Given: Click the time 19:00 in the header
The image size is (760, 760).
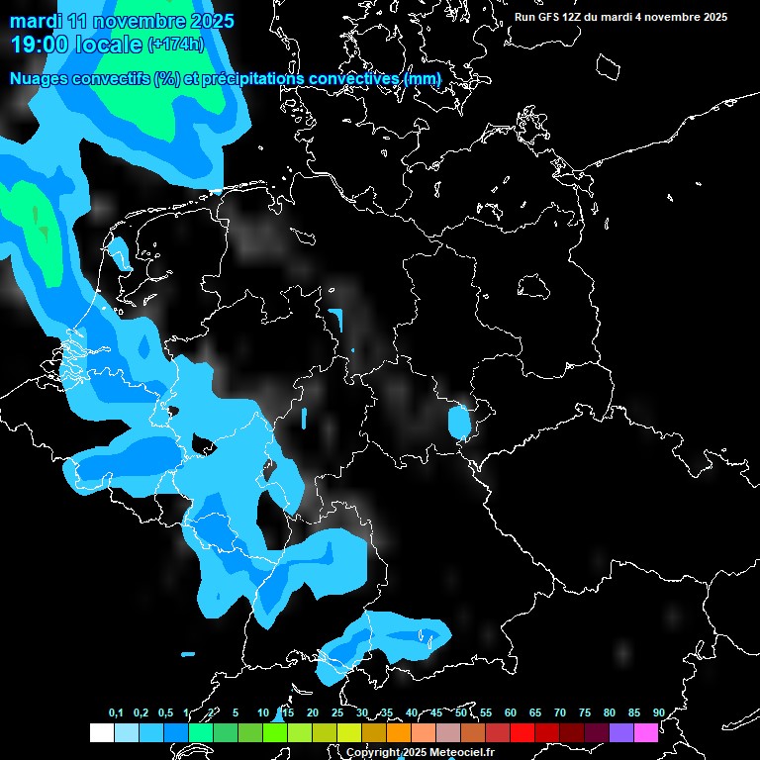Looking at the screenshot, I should (43, 44).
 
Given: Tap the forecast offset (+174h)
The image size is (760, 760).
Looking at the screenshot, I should (175, 44).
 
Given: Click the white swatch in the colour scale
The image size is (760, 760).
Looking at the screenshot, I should (101, 733).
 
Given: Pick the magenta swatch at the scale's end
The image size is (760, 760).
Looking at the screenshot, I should (645, 733).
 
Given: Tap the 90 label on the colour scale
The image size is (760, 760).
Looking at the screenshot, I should (658, 713).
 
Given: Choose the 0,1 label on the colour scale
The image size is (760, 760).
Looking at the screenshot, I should (116, 713).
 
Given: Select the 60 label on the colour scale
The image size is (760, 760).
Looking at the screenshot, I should (510, 713).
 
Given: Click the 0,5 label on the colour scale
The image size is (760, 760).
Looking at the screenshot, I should (165, 713).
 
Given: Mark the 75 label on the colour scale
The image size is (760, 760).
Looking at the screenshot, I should (584, 713).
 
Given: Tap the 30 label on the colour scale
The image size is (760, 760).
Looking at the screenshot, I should (361, 713).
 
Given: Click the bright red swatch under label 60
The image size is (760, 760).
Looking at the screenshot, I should (522, 733).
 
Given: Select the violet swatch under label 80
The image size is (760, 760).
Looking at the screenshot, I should (620, 733).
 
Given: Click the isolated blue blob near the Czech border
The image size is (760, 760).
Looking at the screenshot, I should (458, 423).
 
